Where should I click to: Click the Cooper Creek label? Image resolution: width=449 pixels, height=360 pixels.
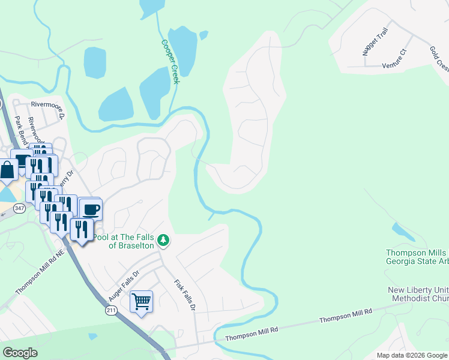pos(170,62)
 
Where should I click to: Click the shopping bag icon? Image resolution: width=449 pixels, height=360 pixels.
pos(8,170)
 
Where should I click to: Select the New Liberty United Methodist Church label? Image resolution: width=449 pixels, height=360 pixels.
pos(418,294)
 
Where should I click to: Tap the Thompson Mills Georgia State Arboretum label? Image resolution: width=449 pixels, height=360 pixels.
pos(417,257)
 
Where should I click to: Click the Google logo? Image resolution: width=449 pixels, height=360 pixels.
pos(20,353)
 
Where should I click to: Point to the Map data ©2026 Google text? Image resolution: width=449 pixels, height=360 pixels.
pos(411,355)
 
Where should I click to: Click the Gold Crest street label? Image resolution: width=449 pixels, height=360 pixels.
pos(439,58)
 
